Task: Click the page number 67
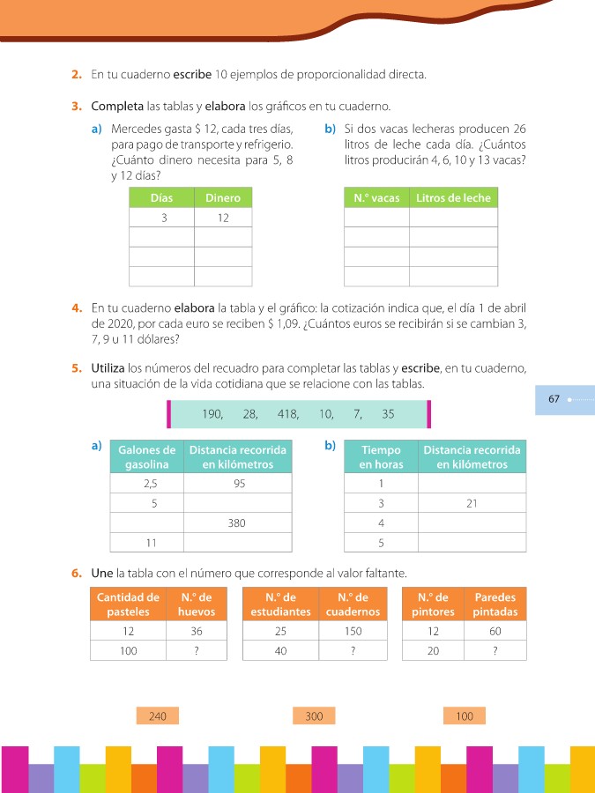[x=554, y=399]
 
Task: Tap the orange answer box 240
[x=158, y=716]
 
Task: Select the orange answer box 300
[x=314, y=716]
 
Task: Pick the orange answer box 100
[x=465, y=716]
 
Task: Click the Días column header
[x=161, y=198]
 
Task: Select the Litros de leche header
[x=453, y=198]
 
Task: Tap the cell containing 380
[x=238, y=522]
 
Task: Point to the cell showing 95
[x=238, y=484]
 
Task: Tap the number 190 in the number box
[x=212, y=413]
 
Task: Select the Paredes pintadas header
[x=495, y=604]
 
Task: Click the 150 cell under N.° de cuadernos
[x=352, y=632]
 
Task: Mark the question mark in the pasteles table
[x=197, y=651]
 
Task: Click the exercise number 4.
[x=77, y=308]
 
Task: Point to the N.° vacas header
[x=376, y=198]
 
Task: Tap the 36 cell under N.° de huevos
[x=197, y=632]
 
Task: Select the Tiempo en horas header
[x=381, y=456]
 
